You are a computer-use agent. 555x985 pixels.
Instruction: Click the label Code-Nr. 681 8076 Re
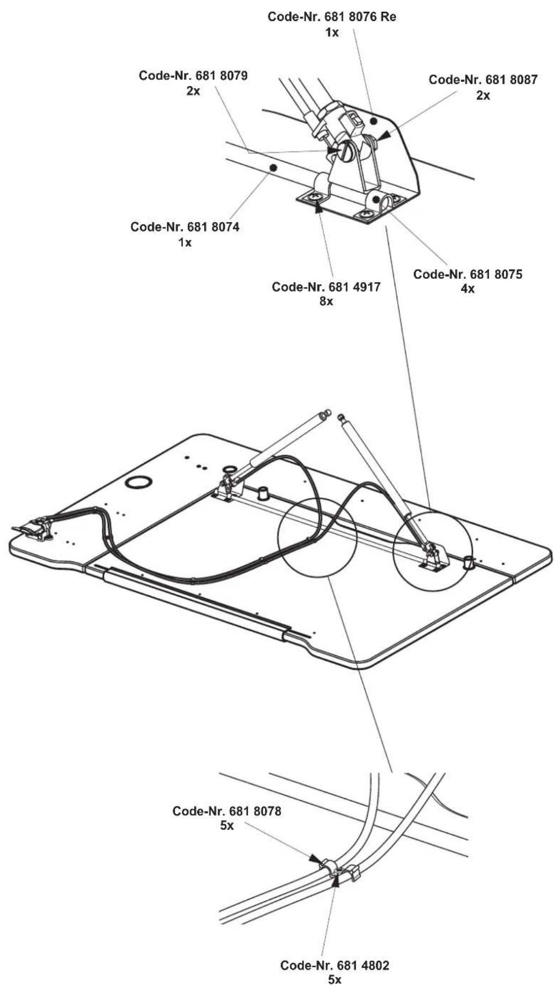click(x=332, y=17)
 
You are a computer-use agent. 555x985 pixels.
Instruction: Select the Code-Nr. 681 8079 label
click(x=193, y=76)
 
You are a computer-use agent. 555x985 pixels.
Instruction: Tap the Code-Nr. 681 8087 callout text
click(x=483, y=80)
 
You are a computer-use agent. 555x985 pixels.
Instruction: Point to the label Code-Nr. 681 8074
click(x=185, y=227)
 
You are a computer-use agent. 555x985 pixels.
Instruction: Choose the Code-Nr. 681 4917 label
click(x=326, y=287)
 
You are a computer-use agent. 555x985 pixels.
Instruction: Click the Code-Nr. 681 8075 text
click(x=468, y=275)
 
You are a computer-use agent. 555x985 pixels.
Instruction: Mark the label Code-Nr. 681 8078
click(x=227, y=811)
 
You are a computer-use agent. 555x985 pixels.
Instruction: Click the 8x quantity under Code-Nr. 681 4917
click(x=326, y=301)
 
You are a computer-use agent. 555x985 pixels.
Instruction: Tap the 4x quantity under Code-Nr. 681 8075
click(x=468, y=289)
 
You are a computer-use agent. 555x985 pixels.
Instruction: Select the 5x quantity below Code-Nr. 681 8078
click(x=227, y=826)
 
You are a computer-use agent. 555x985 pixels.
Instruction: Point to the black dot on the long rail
click(x=273, y=168)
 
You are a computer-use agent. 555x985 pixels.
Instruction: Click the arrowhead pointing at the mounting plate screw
click(x=319, y=209)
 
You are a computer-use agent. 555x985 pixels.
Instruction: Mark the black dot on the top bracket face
click(x=374, y=121)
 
